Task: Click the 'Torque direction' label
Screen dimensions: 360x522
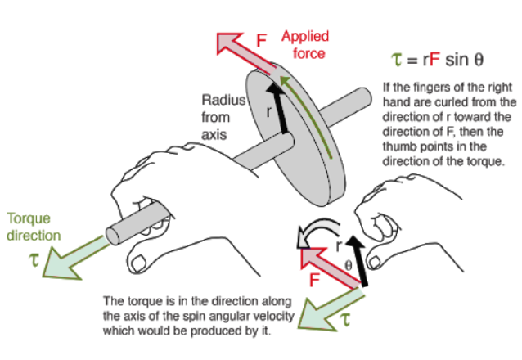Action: point(33,227)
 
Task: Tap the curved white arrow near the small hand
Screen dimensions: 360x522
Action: point(308,236)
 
